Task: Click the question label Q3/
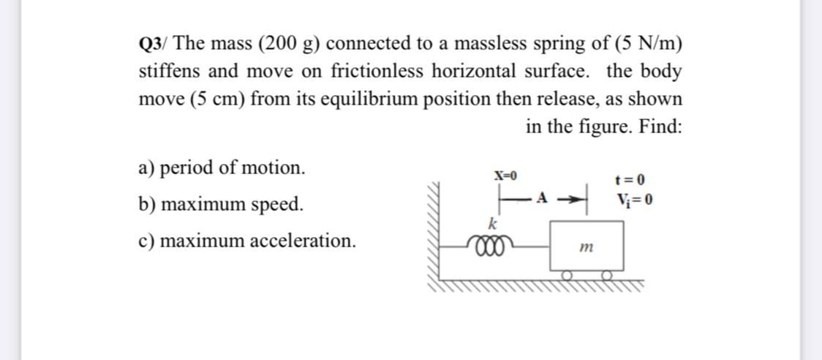(x=153, y=43)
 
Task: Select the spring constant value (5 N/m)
(x=641, y=43)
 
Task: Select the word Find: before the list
(x=660, y=126)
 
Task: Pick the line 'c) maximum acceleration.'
(x=247, y=240)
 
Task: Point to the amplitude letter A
(x=542, y=197)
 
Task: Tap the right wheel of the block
(x=607, y=275)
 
